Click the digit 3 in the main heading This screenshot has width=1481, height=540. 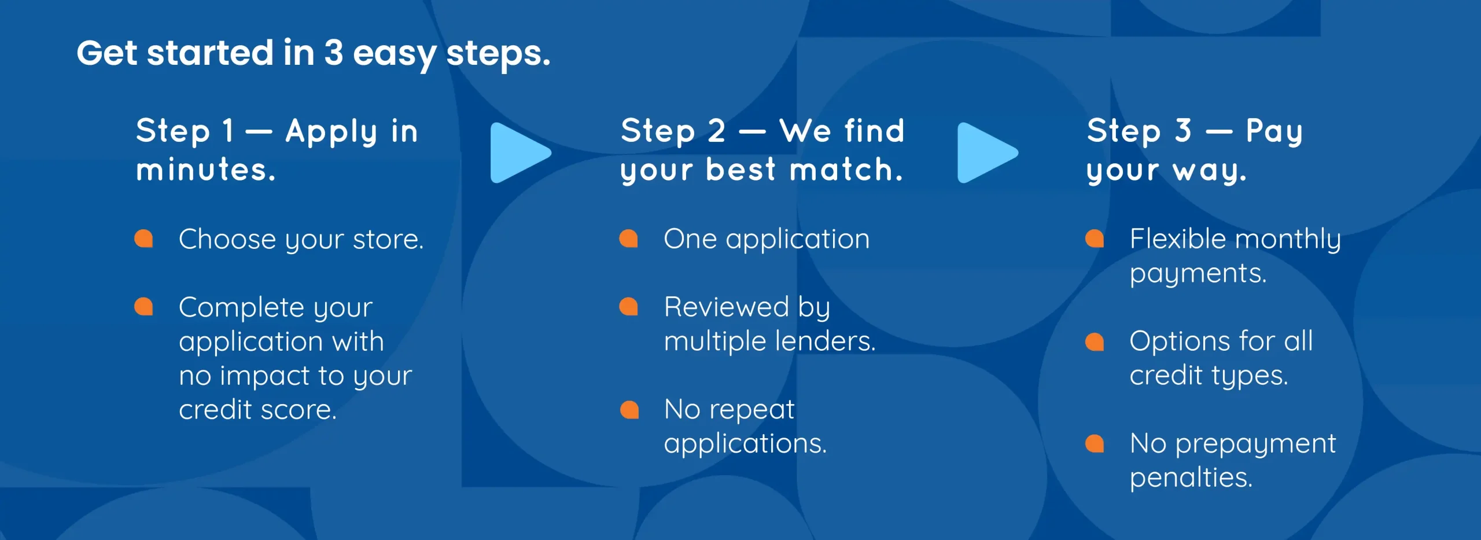pyautogui.click(x=334, y=53)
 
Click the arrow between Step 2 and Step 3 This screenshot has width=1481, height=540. pyautogui.click(x=988, y=153)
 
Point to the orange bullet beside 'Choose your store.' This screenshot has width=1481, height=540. pyautogui.click(x=143, y=238)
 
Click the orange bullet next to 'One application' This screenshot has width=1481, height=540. pyautogui.click(x=628, y=238)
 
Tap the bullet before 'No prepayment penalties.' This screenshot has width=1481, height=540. pyautogui.click(x=1095, y=443)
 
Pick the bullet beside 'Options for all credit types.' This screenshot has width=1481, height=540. pyautogui.click(x=1095, y=341)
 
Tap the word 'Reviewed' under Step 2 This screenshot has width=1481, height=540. pyautogui.click(x=727, y=307)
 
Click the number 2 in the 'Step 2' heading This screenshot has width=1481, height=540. pyautogui.click(x=717, y=131)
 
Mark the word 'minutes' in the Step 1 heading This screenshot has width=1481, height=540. pyautogui.click(x=202, y=170)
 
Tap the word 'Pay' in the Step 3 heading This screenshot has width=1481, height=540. pyautogui.click(x=1274, y=133)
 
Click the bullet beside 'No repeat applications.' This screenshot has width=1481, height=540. pyautogui.click(x=629, y=409)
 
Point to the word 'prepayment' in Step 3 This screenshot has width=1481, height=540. pyautogui.click(x=1255, y=445)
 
